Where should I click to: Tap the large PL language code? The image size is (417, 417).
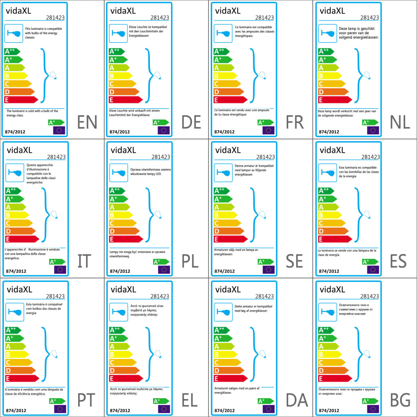pos(190,261)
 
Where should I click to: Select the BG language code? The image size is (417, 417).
pos(400,401)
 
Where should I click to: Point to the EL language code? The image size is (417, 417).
pos(190,401)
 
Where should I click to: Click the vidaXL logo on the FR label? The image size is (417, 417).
pos(228,10)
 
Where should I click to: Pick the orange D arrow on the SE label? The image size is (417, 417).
pos(228,231)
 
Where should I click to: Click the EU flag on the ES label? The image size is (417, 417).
pos(373,269)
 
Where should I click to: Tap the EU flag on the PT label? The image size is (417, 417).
pos(60,408)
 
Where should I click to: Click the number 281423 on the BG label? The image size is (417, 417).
pos(370,296)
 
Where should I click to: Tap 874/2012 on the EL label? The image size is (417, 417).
pos(120,410)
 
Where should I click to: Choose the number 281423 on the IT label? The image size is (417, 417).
pos(56,157)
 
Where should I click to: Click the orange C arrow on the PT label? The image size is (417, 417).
pos(19,362)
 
